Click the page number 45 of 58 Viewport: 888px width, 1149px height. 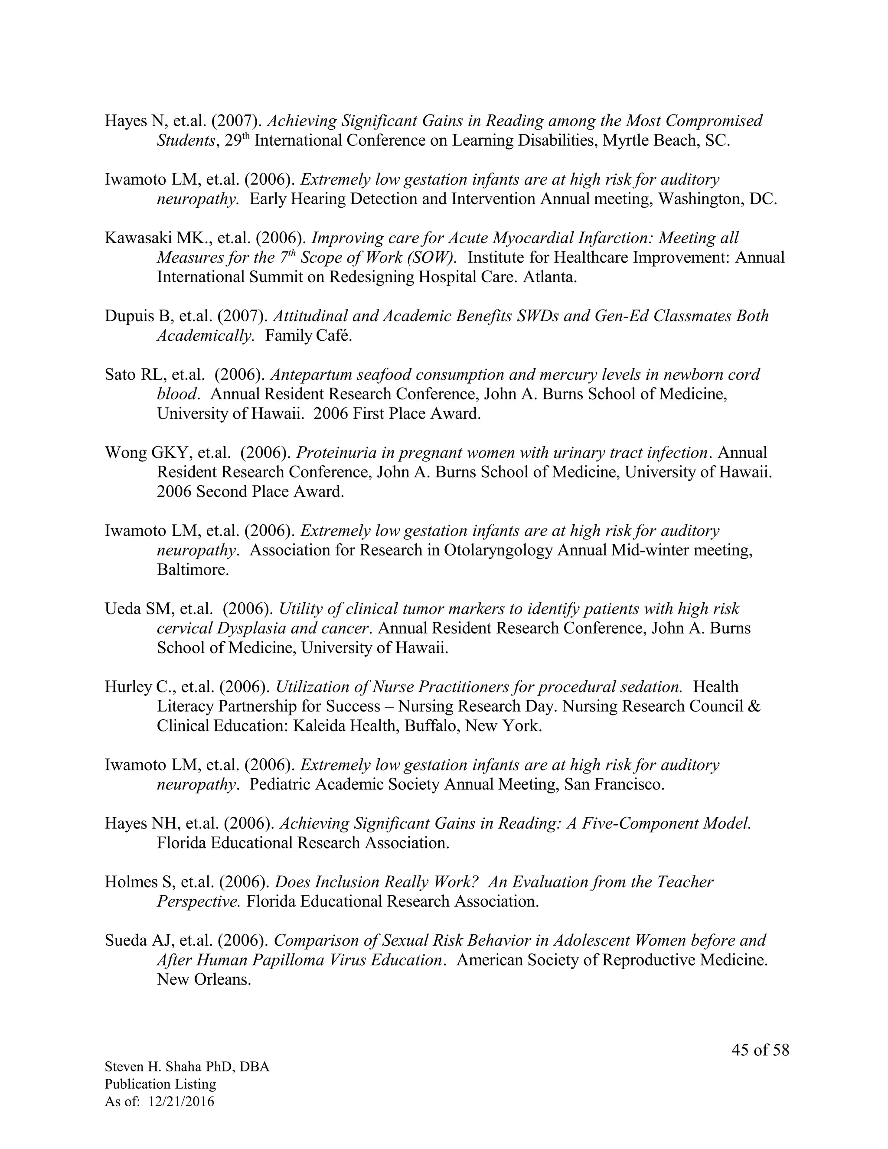(x=760, y=1050)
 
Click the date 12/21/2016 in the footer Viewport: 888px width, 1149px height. (x=182, y=1101)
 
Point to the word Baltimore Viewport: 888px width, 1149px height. (x=192, y=570)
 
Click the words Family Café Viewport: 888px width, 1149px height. (x=308, y=336)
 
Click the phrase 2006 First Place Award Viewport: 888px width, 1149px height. (x=397, y=414)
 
